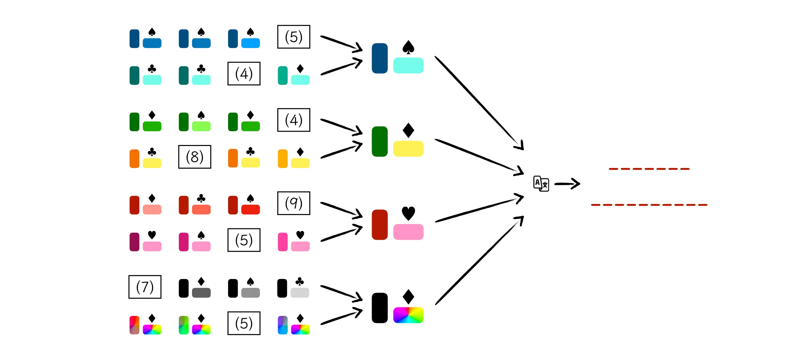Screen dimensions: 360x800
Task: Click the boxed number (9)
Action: click(294, 203)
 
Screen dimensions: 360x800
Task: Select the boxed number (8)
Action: click(195, 157)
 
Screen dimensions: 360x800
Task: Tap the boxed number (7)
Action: click(145, 287)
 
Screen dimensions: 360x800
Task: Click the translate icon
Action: click(541, 183)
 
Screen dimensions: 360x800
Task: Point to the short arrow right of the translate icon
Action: click(567, 184)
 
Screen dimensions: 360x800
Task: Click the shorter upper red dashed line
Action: click(649, 169)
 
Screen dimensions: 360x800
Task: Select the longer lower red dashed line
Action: click(649, 205)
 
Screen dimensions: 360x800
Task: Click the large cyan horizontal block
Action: click(408, 65)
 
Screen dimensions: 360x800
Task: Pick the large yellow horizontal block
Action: click(408, 149)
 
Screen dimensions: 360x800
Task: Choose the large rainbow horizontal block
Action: click(408, 315)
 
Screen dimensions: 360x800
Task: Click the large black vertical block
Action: click(380, 308)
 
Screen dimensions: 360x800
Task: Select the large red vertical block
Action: click(380, 225)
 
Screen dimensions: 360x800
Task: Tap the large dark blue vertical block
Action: click(380, 58)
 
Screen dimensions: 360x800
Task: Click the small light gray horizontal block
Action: click(300, 293)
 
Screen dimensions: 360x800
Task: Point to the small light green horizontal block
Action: click(201, 126)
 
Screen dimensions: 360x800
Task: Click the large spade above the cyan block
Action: click(408, 47)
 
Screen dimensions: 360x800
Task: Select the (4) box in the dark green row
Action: click(294, 120)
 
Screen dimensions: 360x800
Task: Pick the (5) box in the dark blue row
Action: click(294, 37)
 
